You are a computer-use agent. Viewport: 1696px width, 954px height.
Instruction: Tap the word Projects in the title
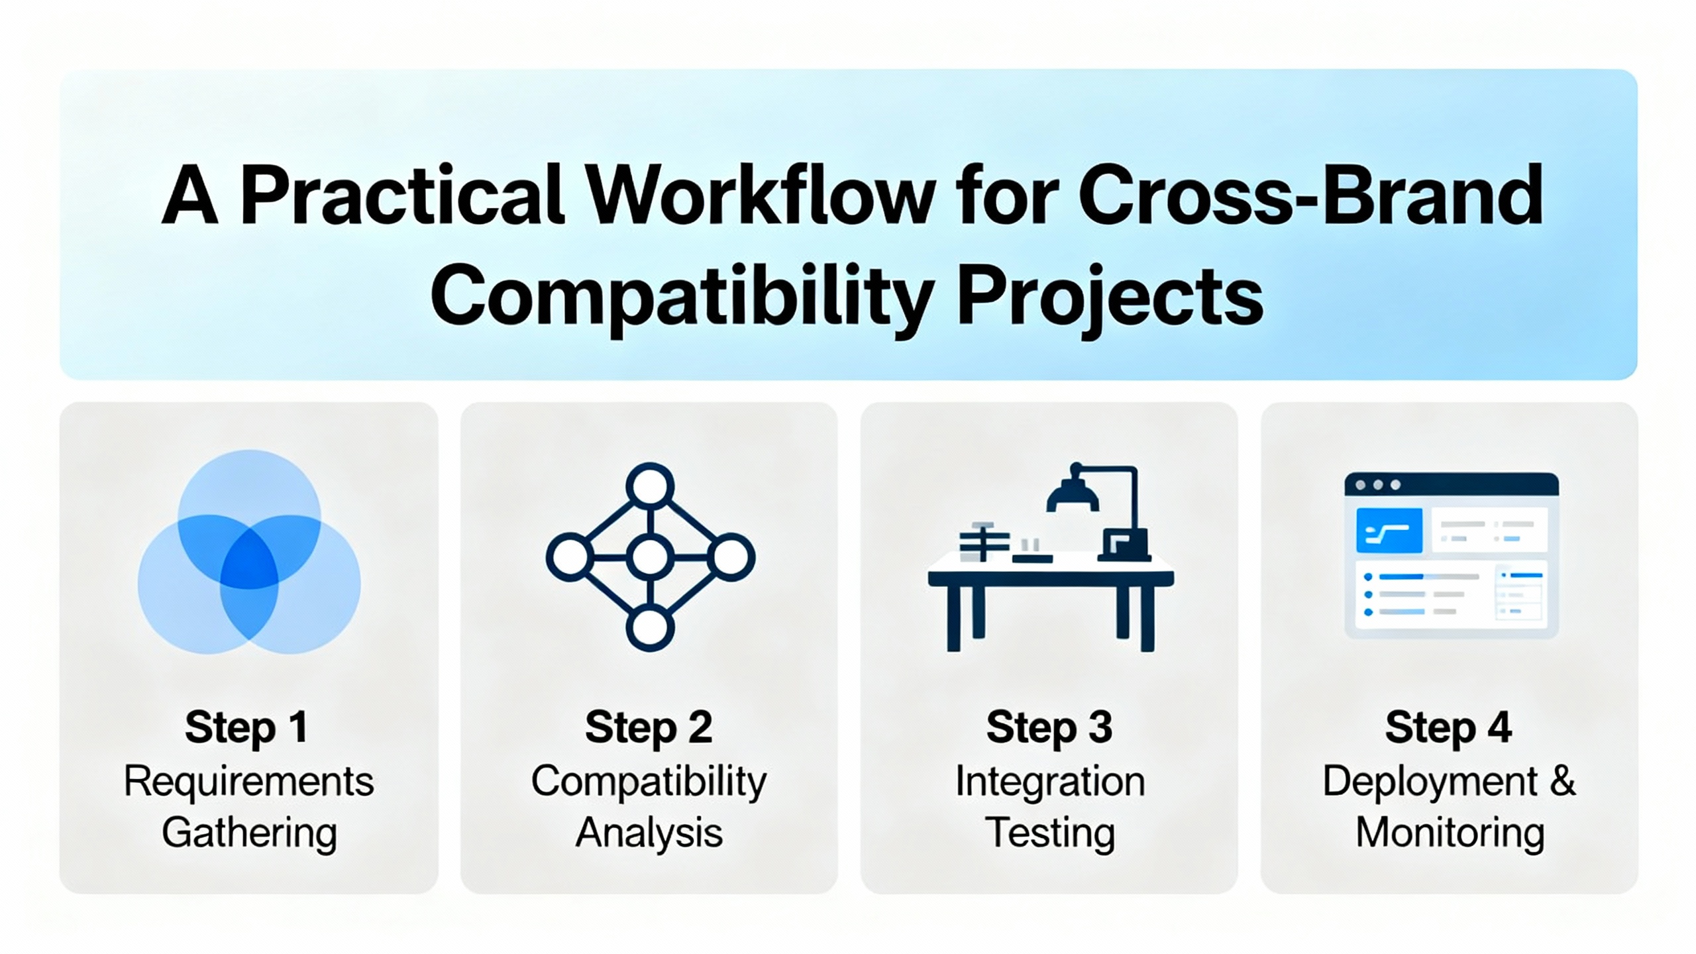pyautogui.click(x=1110, y=298)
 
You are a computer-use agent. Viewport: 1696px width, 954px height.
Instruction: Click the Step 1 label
pyautogui.click(x=247, y=728)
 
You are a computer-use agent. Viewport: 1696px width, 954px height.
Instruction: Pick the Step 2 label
pyautogui.click(x=649, y=728)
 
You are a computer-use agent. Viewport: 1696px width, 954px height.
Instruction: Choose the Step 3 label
pyautogui.click(x=1049, y=728)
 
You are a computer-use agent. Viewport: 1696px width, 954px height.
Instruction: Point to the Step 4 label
pyautogui.click(x=1448, y=728)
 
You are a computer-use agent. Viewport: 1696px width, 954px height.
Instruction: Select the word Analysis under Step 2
pyautogui.click(x=649, y=833)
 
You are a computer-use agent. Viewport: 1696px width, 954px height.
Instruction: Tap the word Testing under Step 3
pyautogui.click(x=1049, y=833)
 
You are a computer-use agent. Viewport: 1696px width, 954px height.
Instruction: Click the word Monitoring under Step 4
pyautogui.click(x=1450, y=833)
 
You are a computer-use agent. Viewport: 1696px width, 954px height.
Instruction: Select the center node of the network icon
pyautogui.click(x=650, y=558)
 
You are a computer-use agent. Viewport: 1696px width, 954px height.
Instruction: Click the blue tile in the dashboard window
pyautogui.click(x=1389, y=530)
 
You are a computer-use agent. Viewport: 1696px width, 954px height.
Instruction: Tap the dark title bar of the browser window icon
pyautogui.click(x=1452, y=484)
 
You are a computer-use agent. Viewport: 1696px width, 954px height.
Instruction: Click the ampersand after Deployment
pyautogui.click(x=1563, y=782)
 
